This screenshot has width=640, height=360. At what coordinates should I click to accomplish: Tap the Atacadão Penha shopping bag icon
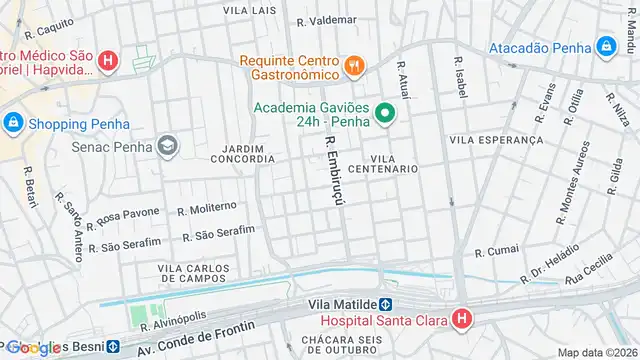[x=605, y=46]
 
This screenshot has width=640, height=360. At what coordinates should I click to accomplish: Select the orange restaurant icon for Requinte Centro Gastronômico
[x=352, y=67]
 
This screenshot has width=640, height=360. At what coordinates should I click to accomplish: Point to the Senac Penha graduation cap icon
[x=167, y=147]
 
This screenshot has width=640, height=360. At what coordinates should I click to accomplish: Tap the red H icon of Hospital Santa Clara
[x=461, y=321]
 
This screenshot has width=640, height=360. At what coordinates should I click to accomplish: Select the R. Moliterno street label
[x=206, y=209]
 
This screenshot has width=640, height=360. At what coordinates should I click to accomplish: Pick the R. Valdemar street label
[x=326, y=20]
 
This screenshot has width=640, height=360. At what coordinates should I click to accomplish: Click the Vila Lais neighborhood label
[x=250, y=10]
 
